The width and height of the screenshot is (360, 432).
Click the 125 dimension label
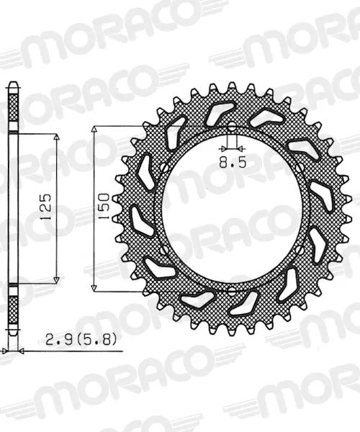click(46, 207)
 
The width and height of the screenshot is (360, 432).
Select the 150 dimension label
click(104, 207)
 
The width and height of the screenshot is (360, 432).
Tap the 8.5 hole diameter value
click(233, 163)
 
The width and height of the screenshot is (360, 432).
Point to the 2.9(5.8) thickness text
click(81, 340)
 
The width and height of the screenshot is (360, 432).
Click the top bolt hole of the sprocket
click(232, 127)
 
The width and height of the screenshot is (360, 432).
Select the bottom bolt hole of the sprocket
click(232, 289)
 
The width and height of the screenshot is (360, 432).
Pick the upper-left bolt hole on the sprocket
click(164, 168)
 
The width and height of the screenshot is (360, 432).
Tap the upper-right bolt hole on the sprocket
click(299, 168)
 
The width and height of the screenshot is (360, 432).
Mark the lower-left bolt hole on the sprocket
click(164, 250)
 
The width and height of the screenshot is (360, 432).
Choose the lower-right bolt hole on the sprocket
click(299, 250)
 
